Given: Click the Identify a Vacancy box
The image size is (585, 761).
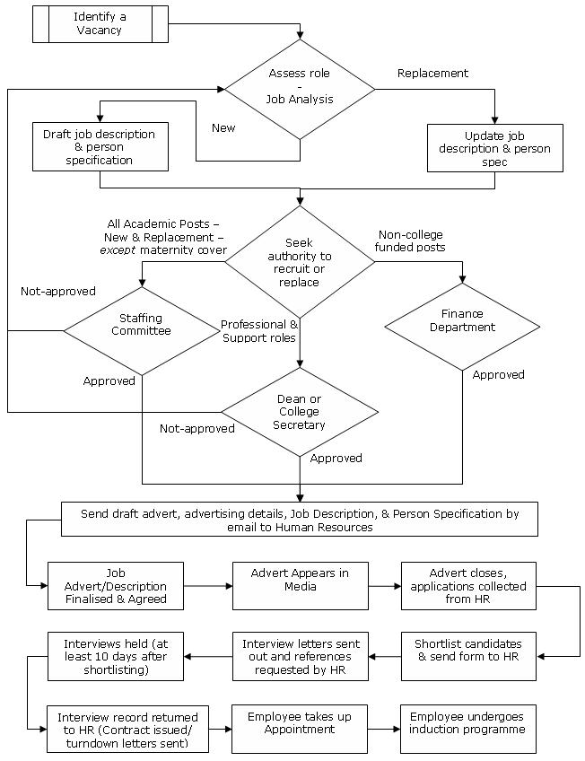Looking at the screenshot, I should (x=100, y=24).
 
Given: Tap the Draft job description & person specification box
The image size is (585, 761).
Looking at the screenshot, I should (x=100, y=147).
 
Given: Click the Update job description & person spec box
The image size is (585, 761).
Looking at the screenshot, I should (x=494, y=148).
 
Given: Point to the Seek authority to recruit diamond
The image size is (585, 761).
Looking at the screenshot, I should (x=300, y=261).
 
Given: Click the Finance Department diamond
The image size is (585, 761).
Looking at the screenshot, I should (x=462, y=326).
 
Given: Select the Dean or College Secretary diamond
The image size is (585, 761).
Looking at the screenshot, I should (x=300, y=412).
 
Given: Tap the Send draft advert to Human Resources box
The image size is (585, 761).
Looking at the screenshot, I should (x=299, y=520).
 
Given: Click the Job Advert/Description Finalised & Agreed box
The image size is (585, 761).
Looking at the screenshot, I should (x=115, y=585).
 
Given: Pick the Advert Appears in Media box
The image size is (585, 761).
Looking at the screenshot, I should (x=300, y=585).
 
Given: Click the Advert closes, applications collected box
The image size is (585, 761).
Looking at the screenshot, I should (x=467, y=585).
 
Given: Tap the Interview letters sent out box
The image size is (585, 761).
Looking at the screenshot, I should (x=300, y=656).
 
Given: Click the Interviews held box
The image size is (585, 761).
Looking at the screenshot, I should (x=115, y=656).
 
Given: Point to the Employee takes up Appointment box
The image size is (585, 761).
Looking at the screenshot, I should (x=300, y=728).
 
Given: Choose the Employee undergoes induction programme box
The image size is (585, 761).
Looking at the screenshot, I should (x=467, y=728).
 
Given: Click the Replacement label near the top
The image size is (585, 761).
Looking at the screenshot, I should (x=432, y=73).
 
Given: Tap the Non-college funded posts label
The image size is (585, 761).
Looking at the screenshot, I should (x=411, y=240).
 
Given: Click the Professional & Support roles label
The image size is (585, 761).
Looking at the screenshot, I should (x=259, y=330).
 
